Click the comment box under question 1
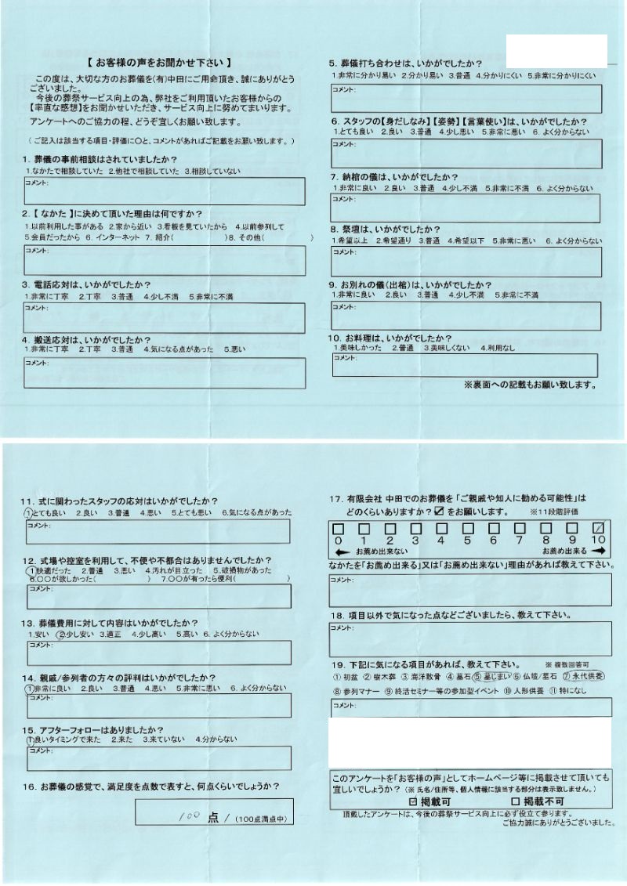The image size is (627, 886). point(165,191)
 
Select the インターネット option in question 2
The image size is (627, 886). point(118,237)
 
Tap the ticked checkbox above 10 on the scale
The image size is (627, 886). point(599,527)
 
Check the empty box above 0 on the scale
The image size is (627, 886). point(337,527)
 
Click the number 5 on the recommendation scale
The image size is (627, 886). point(467,540)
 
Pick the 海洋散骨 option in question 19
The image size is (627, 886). point(422,676)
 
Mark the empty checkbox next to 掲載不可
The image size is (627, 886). point(515,802)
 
